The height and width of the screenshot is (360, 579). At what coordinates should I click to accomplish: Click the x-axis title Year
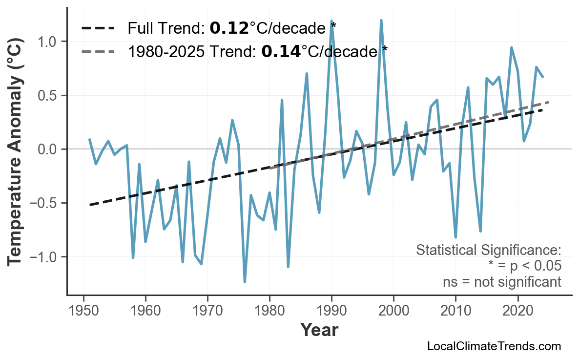tap(319, 330)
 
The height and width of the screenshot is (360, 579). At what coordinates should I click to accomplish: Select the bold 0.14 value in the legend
tap(281, 51)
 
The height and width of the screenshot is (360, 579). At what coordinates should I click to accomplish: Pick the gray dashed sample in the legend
tap(98, 51)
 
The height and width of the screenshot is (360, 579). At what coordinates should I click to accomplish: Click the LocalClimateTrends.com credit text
tap(494, 346)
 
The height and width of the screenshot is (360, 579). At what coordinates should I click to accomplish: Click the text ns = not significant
tap(501, 282)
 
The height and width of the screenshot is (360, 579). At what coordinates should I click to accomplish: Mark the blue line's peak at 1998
tap(381, 21)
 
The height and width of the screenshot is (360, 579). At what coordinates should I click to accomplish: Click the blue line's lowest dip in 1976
tap(245, 282)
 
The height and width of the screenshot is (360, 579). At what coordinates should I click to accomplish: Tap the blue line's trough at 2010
tap(455, 237)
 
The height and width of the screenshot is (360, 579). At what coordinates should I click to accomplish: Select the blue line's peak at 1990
tap(331, 21)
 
